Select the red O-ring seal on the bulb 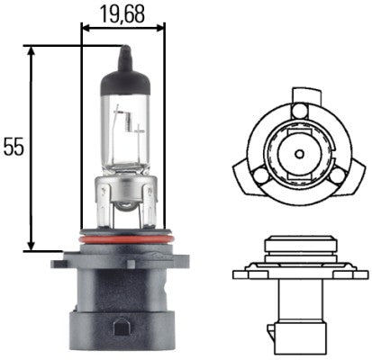pos(122,242)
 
